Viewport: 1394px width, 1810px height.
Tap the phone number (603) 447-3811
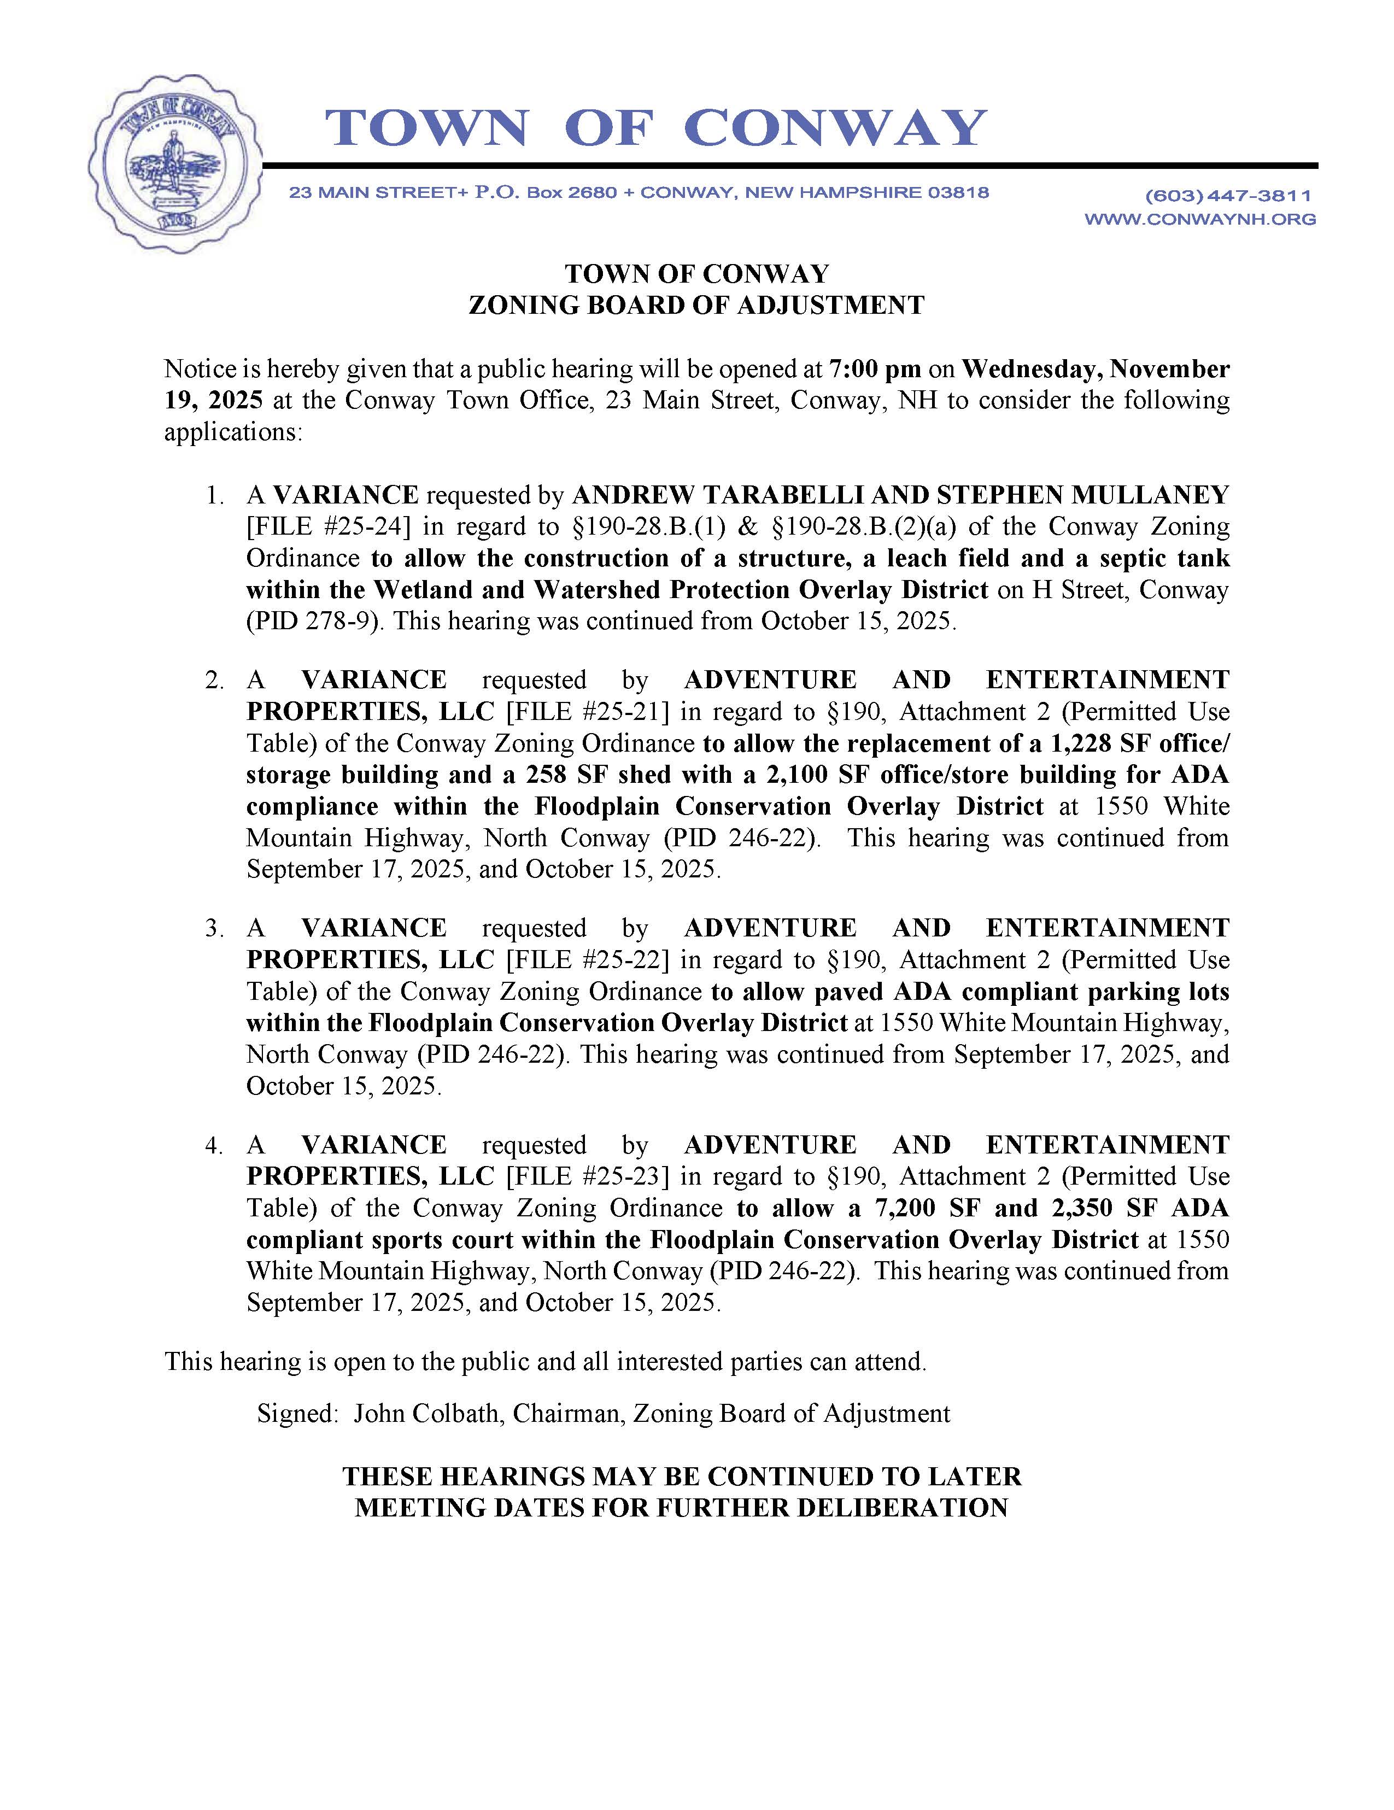(1228, 196)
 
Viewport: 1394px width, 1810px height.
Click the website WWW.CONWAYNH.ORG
(1200, 219)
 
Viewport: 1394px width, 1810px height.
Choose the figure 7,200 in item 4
(912, 1208)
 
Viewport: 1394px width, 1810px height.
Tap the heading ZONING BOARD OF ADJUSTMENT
(696, 305)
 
